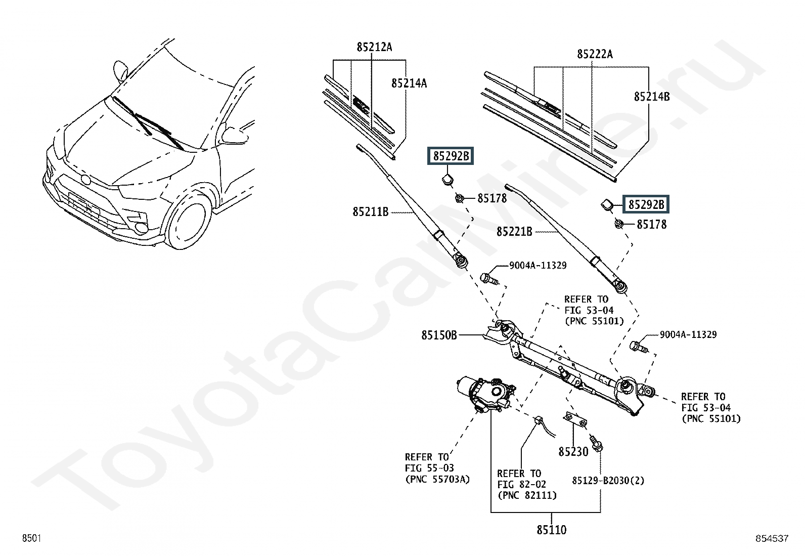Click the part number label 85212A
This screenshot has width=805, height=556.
click(x=374, y=47)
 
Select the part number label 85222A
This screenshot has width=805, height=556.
click(x=595, y=54)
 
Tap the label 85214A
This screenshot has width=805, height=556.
click(x=409, y=83)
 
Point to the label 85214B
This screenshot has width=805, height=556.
click(x=652, y=97)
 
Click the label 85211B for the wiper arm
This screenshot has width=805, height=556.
click(x=371, y=212)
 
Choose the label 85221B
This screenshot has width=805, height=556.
click(x=514, y=232)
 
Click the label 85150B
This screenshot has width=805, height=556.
click(x=439, y=335)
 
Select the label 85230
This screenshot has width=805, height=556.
click(x=573, y=452)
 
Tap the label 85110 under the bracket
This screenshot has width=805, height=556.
click(x=551, y=530)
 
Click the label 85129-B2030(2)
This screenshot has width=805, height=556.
click(x=608, y=481)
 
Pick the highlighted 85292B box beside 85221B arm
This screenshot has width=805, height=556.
click(x=646, y=204)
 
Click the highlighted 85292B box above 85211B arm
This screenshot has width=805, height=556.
click(x=451, y=156)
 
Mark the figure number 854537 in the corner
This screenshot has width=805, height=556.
click(x=772, y=538)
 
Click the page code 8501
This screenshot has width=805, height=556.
click(x=32, y=538)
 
